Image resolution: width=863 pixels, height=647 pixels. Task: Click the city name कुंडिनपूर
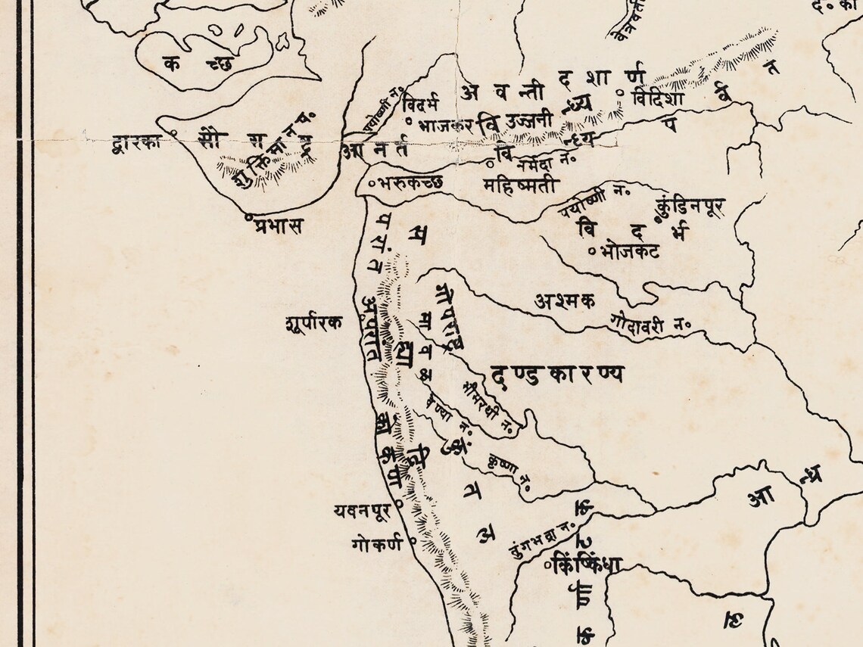(x=692, y=205)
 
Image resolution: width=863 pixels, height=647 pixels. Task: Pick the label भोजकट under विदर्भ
(x=628, y=250)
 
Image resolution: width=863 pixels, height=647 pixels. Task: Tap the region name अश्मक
(x=564, y=300)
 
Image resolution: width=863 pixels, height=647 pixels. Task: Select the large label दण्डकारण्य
(x=556, y=373)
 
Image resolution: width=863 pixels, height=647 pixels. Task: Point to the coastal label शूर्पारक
(x=313, y=322)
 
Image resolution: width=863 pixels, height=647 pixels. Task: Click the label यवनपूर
(x=362, y=512)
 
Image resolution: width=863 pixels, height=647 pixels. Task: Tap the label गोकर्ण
(x=377, y=543)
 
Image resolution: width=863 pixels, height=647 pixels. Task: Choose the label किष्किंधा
(x=587, y=564)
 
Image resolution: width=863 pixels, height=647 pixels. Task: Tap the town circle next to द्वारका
(x=174, y=134)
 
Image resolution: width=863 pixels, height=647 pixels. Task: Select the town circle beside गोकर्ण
(x=413, y=541)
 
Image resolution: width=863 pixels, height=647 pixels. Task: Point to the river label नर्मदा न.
(x=542, y=161)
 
